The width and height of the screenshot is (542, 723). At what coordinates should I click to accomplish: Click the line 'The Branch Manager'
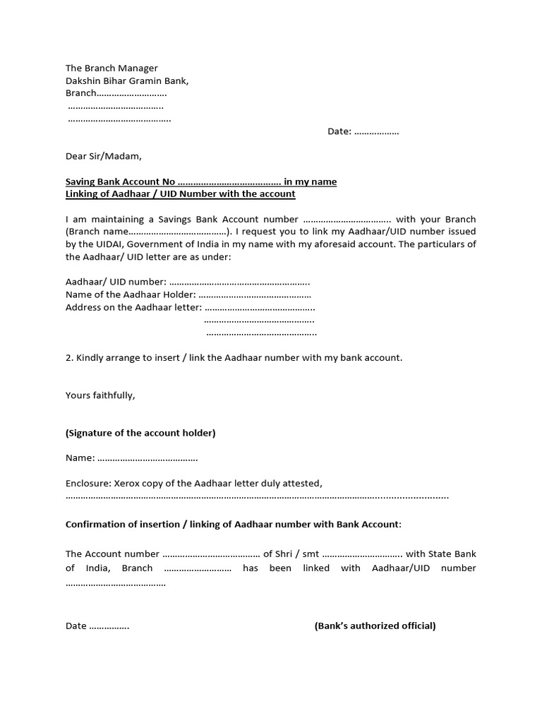point(112,68)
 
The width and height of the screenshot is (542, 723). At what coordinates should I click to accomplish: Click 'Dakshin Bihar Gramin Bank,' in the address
point(127,80)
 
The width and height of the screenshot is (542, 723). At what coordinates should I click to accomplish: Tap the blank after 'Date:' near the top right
point(376,131)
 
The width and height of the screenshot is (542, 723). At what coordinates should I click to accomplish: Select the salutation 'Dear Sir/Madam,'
point(103,156)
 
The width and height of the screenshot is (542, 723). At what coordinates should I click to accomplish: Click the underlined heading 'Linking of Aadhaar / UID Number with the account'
point(180,193)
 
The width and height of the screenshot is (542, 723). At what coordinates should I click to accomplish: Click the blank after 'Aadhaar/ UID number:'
point(239,282)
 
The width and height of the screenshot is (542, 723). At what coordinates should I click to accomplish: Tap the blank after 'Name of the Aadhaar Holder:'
point(255,295)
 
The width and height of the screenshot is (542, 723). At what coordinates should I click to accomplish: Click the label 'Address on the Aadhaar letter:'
point(133,308)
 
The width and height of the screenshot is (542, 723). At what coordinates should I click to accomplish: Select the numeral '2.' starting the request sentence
point(69,358)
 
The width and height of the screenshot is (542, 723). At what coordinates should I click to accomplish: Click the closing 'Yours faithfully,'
point(100,395)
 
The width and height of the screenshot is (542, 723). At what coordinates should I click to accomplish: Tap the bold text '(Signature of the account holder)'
point(140,433)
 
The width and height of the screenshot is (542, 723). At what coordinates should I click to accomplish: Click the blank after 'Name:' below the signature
point(147,458)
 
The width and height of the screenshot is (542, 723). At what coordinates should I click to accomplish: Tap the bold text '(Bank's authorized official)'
point(375,626)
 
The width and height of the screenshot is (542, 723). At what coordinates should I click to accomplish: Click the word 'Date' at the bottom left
point(76,626)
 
